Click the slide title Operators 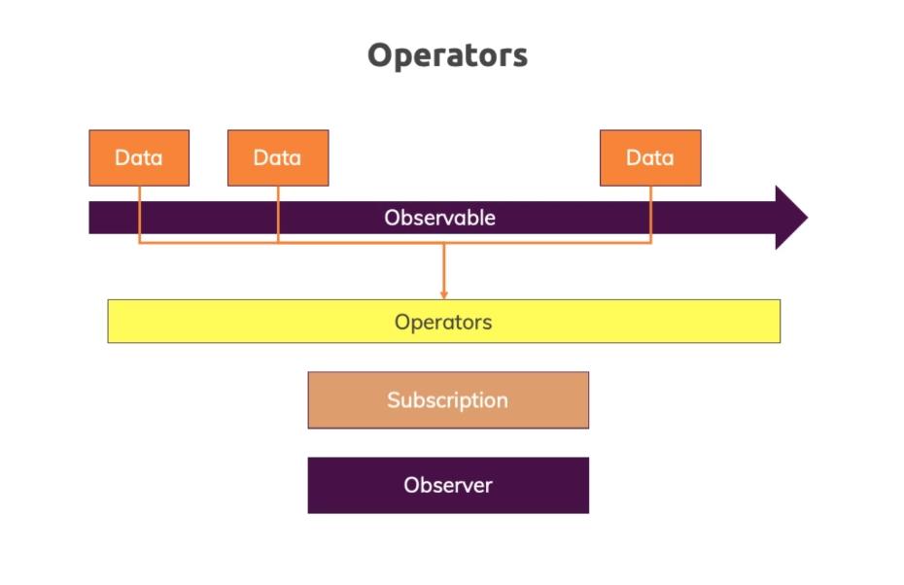coord(447,56)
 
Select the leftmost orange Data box coord(139,158)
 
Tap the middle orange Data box coord(278,158)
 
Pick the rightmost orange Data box coord(650,158)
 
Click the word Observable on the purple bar coord(440,218)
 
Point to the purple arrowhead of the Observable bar coord(791,218)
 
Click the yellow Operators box coord(444,321)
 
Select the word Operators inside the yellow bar coord(443,323)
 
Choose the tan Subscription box coord(448,400)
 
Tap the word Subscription coord(448,400)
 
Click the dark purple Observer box coord(448,485)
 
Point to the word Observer coord(448,485)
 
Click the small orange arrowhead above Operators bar coord(444,295)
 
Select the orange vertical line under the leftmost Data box coord(140,215)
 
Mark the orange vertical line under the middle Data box coord(278,215)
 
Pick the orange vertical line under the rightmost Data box coord(651,215)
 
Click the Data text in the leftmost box coord(139,158)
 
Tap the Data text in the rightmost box coord(650,158)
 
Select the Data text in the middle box coord(277,158)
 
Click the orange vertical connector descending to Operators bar coord(444,271)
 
